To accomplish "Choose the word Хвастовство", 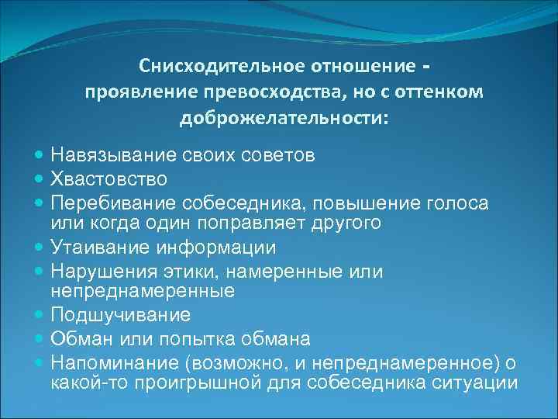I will [109, 180].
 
